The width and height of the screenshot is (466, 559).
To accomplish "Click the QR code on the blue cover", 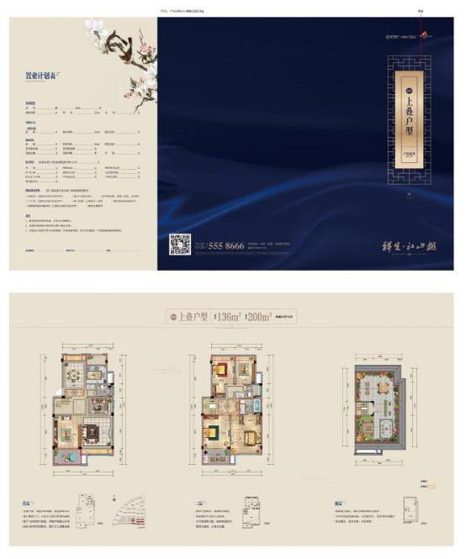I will click(180, 244).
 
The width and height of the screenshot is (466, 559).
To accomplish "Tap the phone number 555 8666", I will click(225, 246).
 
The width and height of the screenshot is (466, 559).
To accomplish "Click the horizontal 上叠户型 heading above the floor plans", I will click(193, 316).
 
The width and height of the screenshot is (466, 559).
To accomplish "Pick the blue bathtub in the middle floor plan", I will click(251, 405).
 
